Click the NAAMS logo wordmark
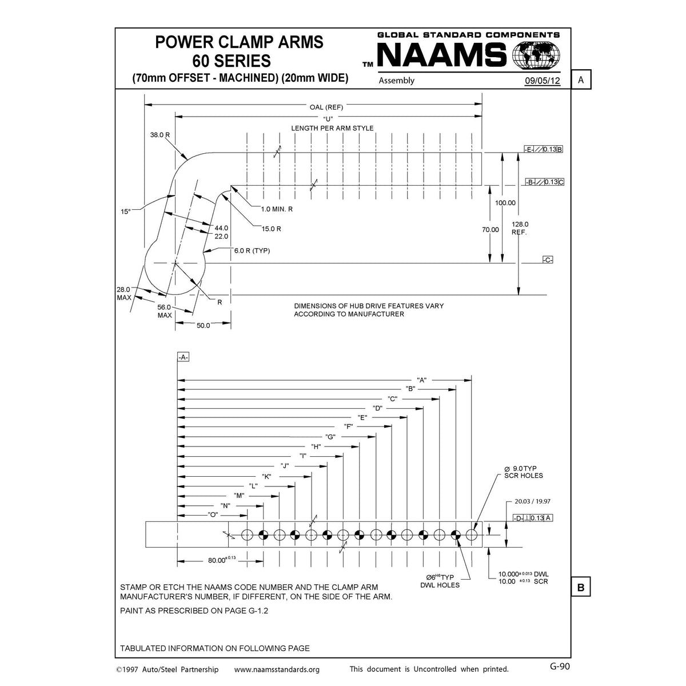(441, 57)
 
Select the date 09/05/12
(543, 81)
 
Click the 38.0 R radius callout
(161, 135)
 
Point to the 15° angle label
(126, 212)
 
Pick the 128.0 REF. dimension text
(520, 228)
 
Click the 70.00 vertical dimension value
(490, 229)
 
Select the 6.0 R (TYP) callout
(252, 250)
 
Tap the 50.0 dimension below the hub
(203, 325)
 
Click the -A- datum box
(183, 357)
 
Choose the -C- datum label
(547, 260)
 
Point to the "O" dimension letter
(214, 515)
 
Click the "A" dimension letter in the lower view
(422, 380)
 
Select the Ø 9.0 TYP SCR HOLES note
(524, 472)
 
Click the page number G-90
(560, 665)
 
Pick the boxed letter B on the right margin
(581, 587)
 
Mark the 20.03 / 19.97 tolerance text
(532, 501)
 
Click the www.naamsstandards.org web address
(277, 669)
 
